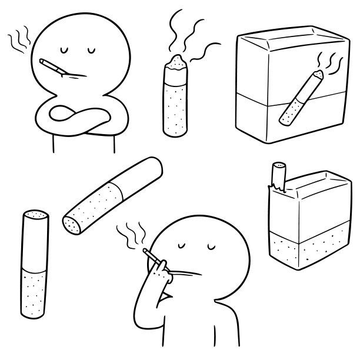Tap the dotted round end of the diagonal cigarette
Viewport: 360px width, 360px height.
tap(72, 224)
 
